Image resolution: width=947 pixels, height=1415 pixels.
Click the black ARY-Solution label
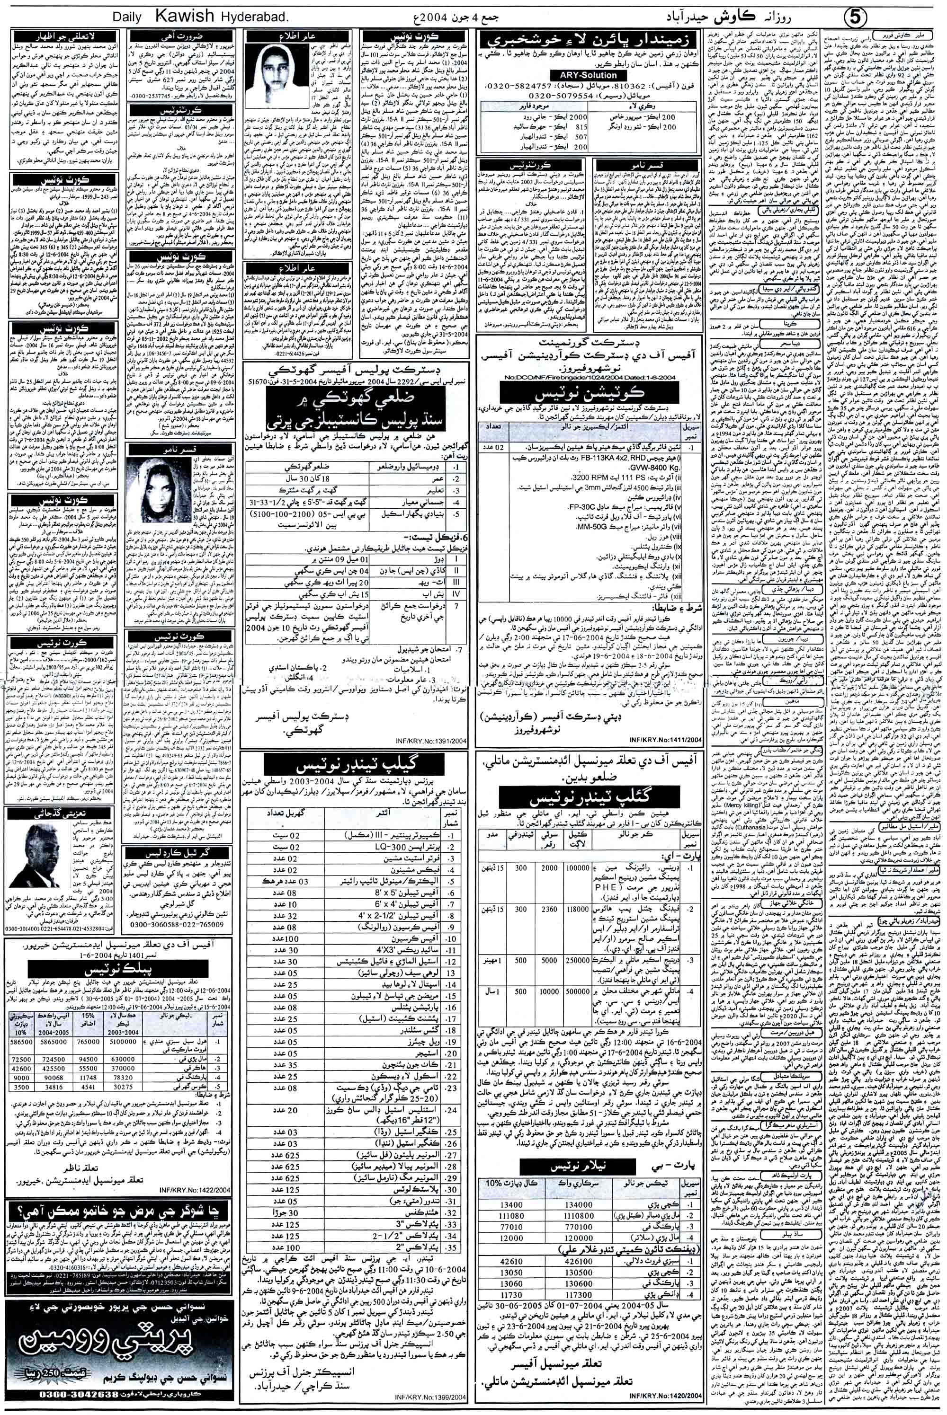pos(581,75)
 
